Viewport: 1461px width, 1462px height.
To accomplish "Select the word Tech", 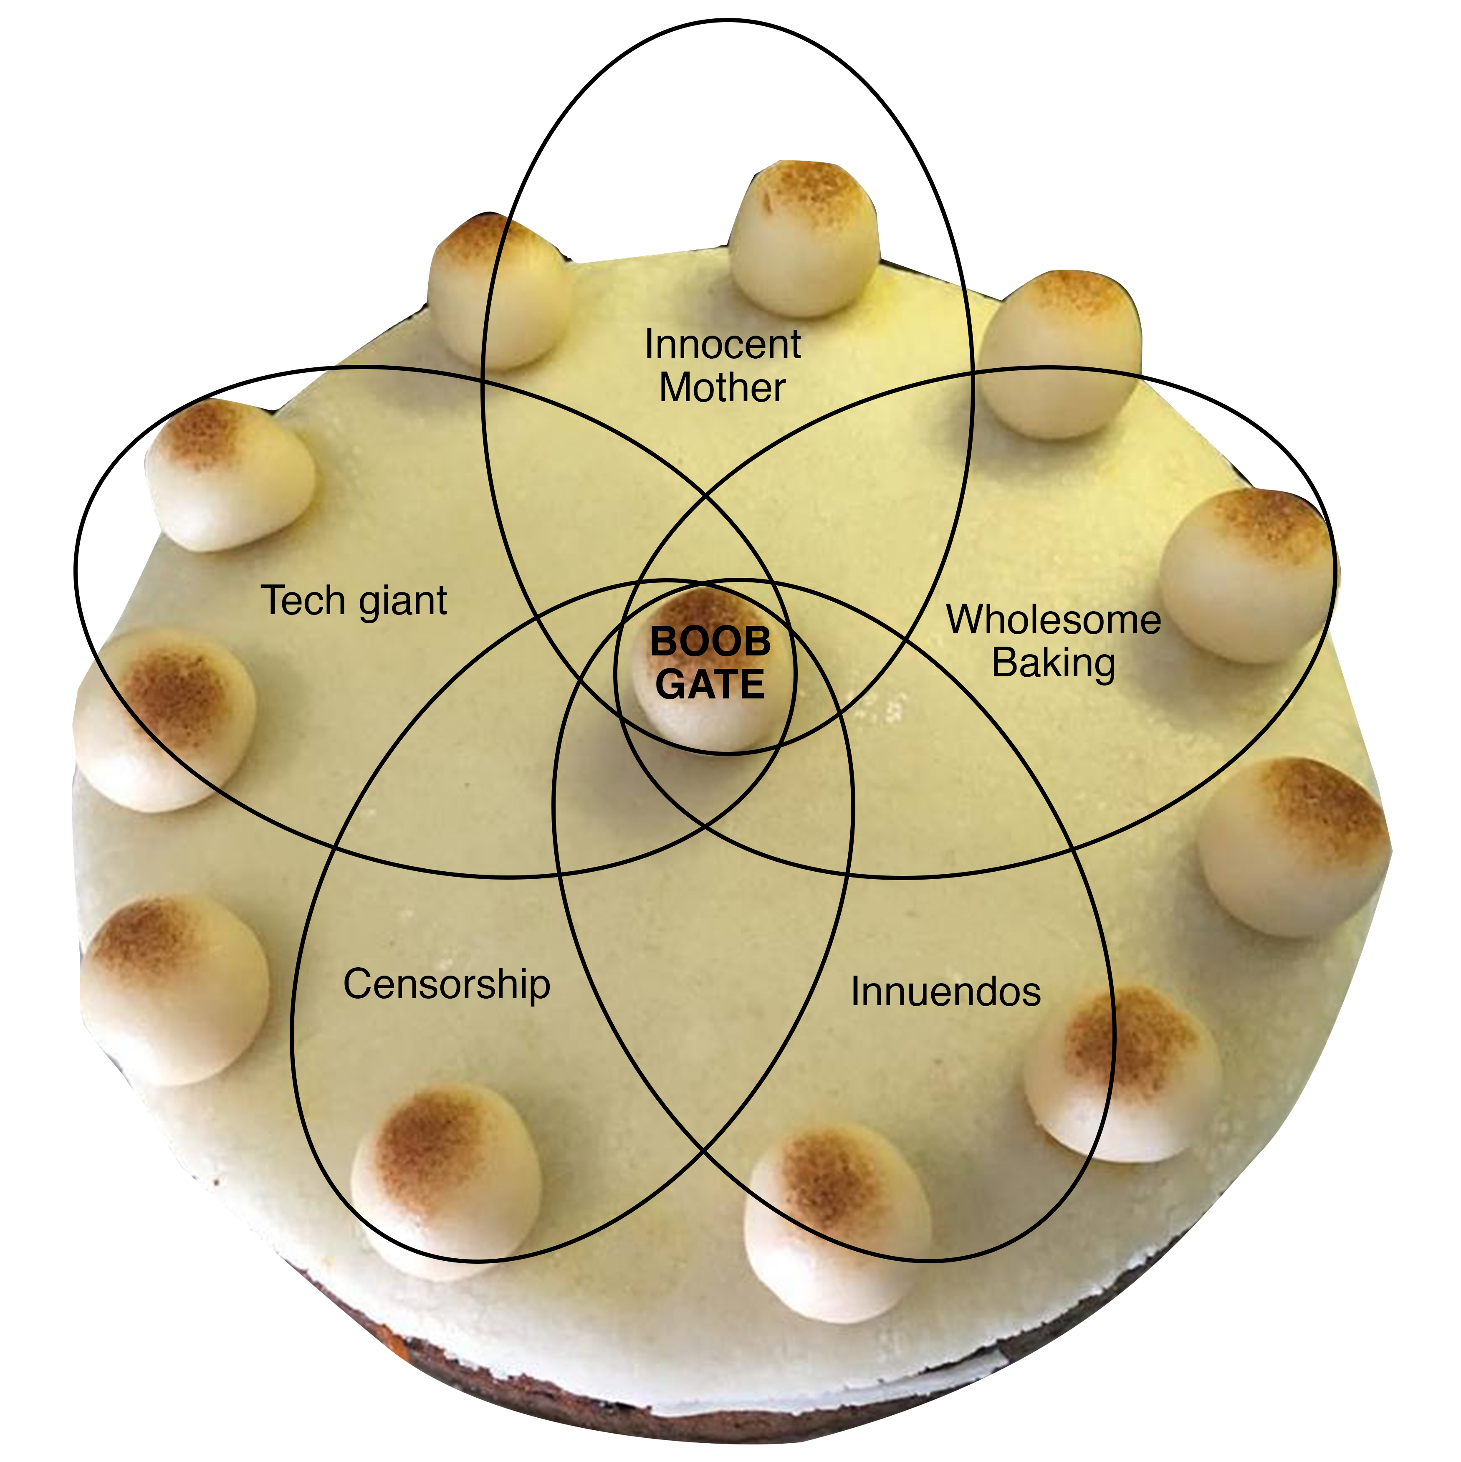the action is click(303, 601).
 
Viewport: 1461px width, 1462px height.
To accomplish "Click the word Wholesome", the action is click(1053, 620).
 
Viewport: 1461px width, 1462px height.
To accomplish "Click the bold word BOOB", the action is click(710, 642).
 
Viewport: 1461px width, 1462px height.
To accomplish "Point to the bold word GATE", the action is click(710, 684).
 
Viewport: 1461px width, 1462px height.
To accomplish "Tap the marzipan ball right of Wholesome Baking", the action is click(1245, 575).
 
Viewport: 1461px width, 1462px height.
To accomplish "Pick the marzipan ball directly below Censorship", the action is click(446, 1181).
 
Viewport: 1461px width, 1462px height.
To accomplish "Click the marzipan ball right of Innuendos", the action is click(1121, 1075).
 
